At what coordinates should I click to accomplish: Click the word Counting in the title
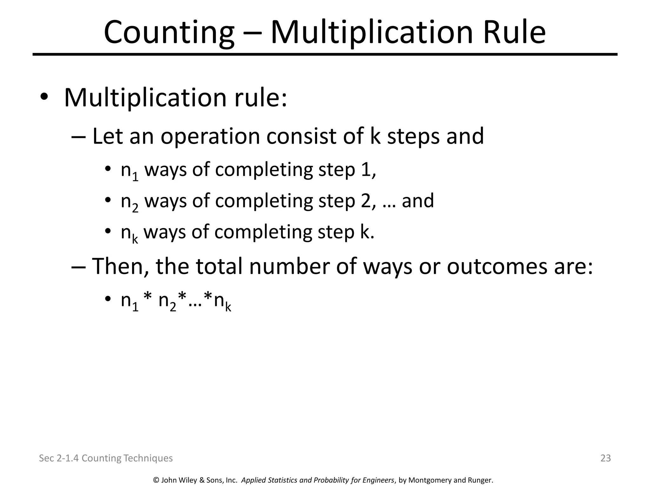point(169,32)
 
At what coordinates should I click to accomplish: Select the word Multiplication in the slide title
point(372,32)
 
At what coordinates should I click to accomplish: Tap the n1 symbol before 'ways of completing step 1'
point(129,171)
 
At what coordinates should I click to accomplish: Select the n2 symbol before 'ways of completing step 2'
point(129,202)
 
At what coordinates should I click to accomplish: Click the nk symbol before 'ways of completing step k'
point(129,233)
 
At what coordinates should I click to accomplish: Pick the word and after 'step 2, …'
point(418,201)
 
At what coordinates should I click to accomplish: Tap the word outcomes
point(497,266)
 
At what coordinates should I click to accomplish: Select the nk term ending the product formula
point(222,301)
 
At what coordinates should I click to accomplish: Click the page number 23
point(606,458)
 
